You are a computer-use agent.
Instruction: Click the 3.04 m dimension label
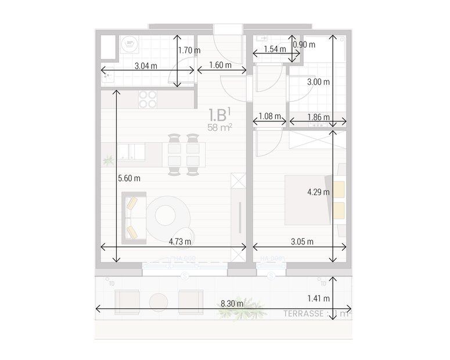(146, 66)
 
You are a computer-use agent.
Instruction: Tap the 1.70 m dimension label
(189, 50)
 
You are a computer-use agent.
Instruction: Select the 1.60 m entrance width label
(219, 65)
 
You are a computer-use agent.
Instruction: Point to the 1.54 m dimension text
(275, 49)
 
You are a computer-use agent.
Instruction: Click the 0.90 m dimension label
(304, 44)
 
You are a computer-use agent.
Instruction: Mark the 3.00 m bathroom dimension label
(318, 82)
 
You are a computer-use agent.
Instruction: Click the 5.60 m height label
(129, 178)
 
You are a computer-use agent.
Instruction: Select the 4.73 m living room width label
(180, 241)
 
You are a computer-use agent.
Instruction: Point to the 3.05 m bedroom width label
(302, 241)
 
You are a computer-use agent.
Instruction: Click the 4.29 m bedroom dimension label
(318, 192)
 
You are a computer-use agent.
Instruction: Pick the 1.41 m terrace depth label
(318, 298)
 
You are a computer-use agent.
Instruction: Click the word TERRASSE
(304, 314)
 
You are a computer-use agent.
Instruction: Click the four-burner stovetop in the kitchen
(148, 99)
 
